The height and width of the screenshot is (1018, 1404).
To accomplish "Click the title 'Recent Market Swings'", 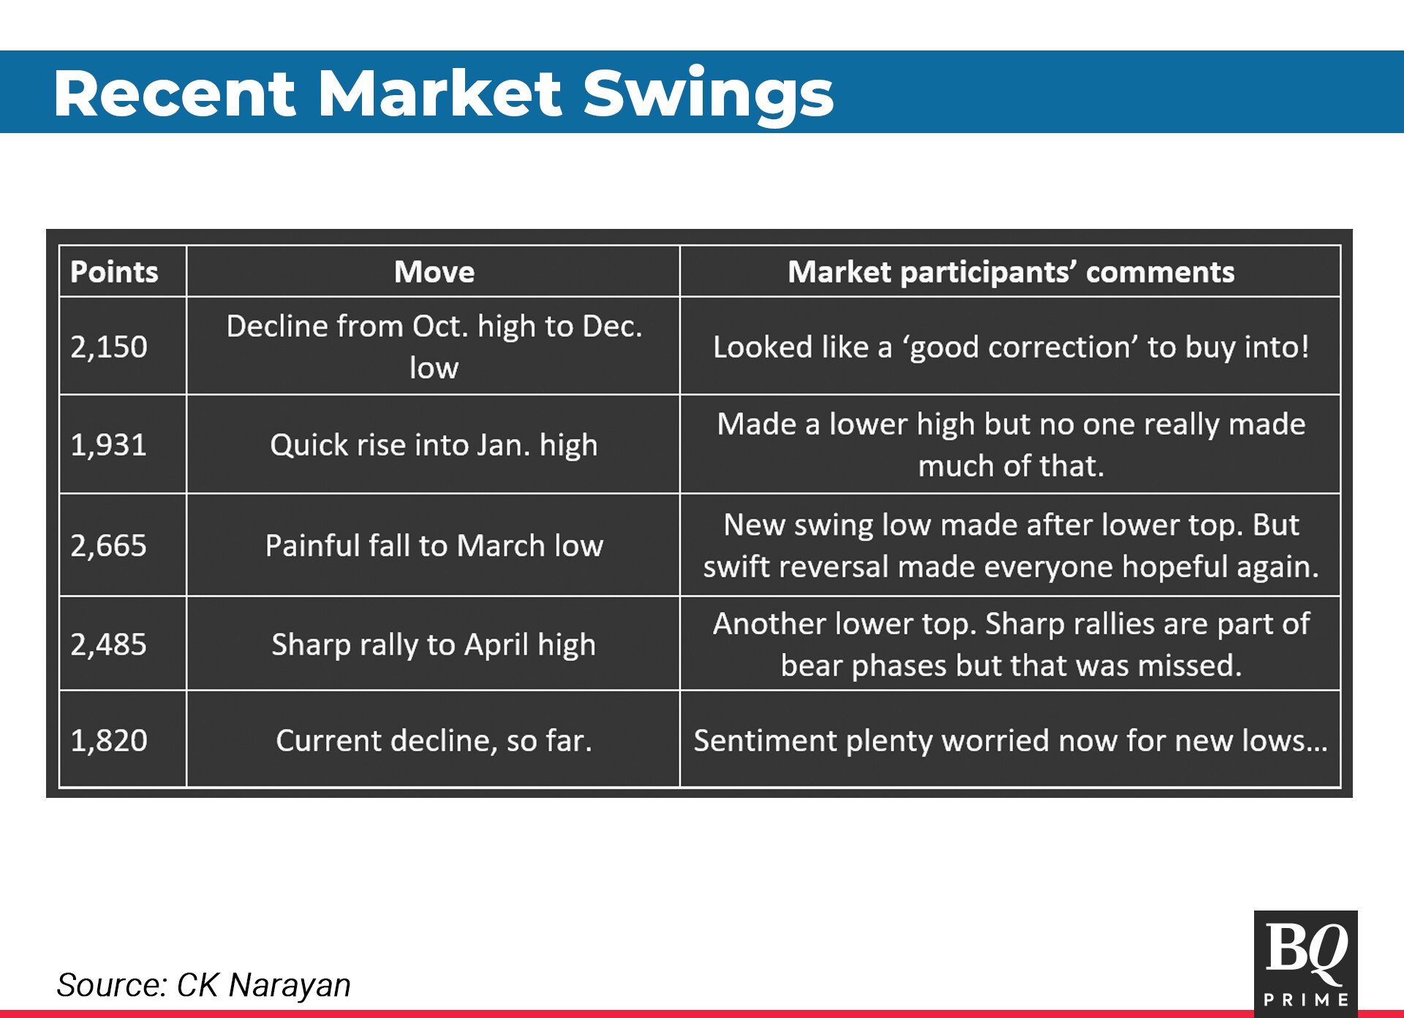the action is click(x=443, y=94).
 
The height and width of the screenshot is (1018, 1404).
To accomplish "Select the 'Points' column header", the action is click(x=114, y=272).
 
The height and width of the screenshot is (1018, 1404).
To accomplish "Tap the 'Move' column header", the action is click(x=434, y=272).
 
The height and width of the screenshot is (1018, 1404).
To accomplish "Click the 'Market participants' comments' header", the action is click(x=1011, y=272).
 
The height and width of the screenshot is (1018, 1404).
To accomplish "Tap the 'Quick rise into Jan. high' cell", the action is click(x=434, y=445).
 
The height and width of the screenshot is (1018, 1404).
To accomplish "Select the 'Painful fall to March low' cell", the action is click(x=434, y=546).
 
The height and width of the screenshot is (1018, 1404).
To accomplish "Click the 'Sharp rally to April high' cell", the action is click(x=434, y=644).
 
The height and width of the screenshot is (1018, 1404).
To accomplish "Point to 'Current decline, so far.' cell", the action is click(x=434, y=740).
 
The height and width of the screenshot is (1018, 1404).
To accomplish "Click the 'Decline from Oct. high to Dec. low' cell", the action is click(x=434, y=347).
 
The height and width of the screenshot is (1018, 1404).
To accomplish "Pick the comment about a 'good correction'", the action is click(x=1011, y=347).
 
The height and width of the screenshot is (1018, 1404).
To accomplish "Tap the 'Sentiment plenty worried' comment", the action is click(x=1011, y=740).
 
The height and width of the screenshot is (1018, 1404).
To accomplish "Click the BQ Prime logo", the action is click(x=1305, y=963).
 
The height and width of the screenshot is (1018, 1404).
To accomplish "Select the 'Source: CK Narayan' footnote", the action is click(x=203, y=984).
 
